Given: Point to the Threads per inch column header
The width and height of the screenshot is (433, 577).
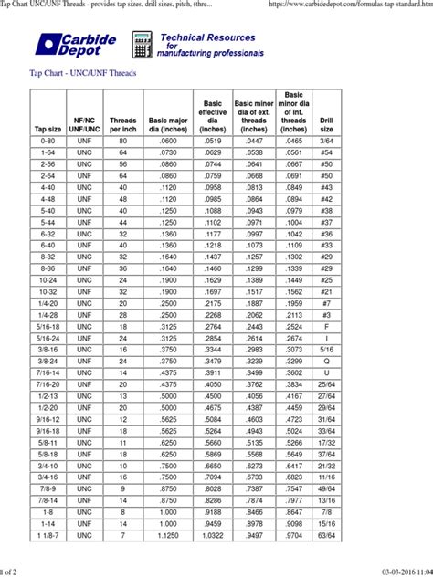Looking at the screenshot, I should tap(122, 124).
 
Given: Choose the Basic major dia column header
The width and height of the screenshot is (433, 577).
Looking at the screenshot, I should tap(167, 124).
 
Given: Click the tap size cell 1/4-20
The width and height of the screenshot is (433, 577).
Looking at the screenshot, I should tap(48, 302).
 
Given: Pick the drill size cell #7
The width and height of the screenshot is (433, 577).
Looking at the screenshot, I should tap(326, 302).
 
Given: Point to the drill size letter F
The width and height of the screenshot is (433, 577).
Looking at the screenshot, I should tap(326, 325).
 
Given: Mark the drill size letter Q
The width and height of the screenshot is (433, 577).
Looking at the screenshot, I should tap(326, 360).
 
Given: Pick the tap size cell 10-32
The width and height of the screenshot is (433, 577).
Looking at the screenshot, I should tap(48, 290).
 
